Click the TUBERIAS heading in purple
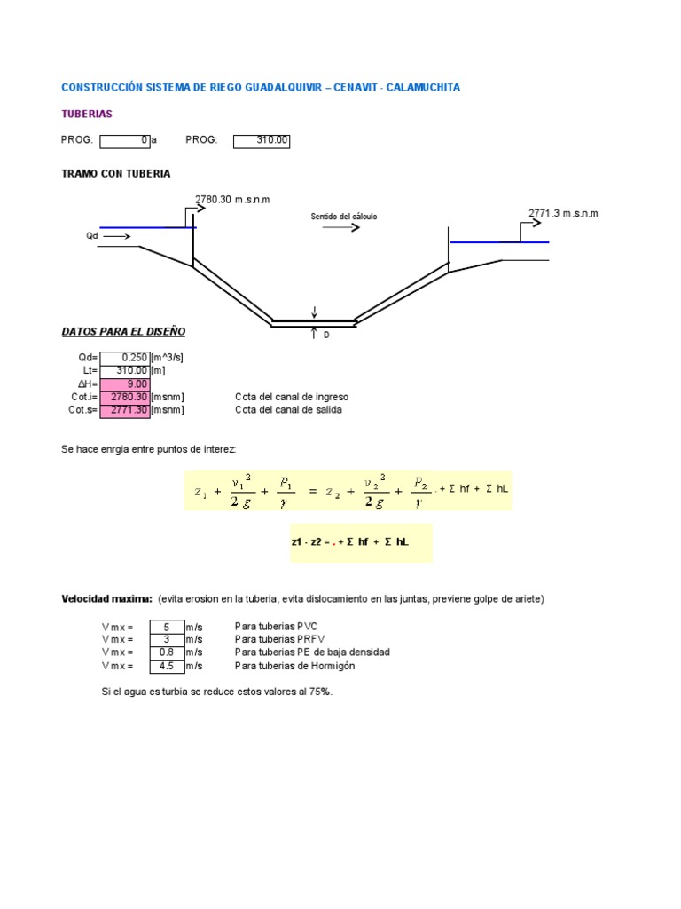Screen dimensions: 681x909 [x=86, y=114]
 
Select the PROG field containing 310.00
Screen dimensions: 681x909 [x=262, y=140]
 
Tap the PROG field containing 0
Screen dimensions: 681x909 [x=125, y=140]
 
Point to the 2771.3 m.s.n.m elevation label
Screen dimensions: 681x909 [x=563, y=213]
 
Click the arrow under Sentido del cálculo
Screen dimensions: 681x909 [x=340, y=227]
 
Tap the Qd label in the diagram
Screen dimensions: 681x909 [x=92, y=236]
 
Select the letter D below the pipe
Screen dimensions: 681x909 [x=325, y=336]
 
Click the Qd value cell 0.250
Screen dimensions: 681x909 [x=125, y=358]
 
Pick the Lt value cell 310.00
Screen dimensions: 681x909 [x=125, y=370]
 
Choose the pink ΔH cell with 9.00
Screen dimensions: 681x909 [x=125, y=383]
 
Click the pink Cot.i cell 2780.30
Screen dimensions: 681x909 [x=125, y=397]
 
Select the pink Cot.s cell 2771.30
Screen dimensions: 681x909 [x=125, y=410]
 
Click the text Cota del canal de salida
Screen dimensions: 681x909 [x=288, y=410]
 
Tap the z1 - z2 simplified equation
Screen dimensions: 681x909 [x=350, y=542]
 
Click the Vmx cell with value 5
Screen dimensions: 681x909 [x=167, y=627]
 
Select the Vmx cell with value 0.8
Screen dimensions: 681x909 [x=167, y=652]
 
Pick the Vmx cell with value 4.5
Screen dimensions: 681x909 [x=167, y=666]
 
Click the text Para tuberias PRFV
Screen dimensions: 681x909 [x=276, y=639]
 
